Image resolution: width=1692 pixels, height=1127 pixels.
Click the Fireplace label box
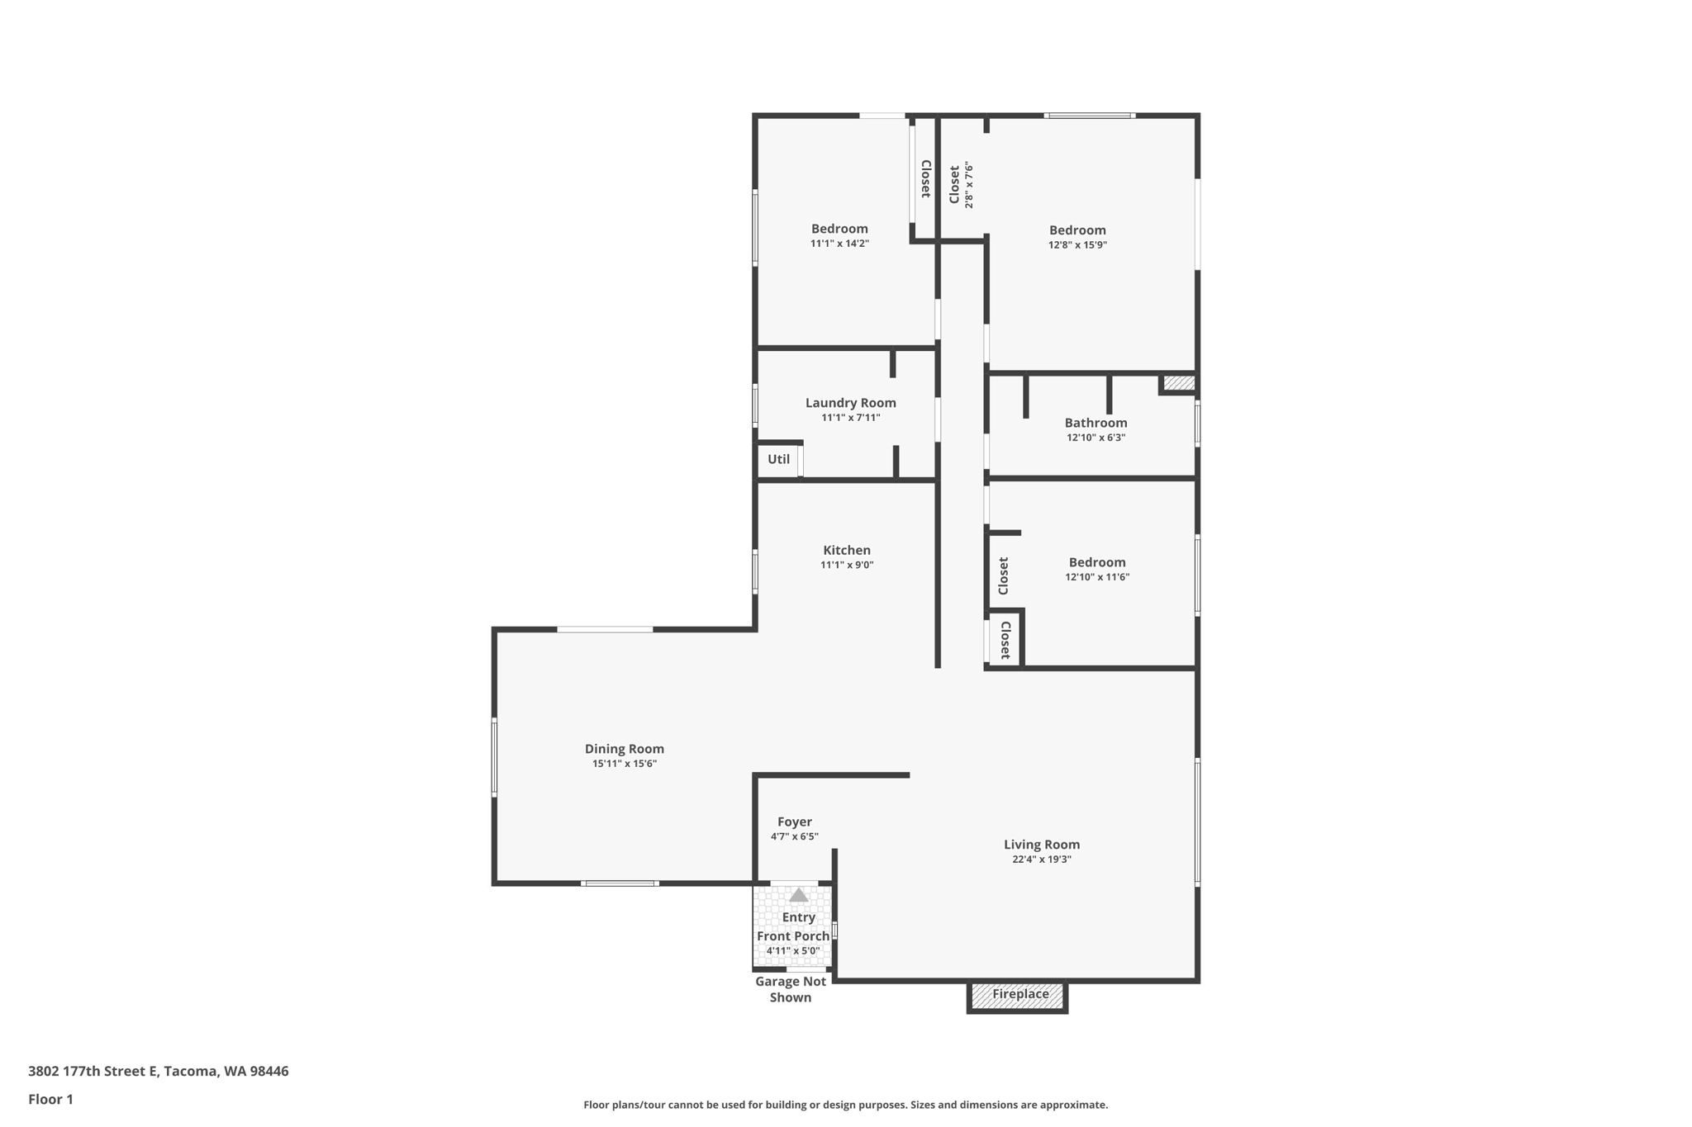click(1019, 994)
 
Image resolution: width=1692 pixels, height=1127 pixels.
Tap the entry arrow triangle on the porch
click(798, 895)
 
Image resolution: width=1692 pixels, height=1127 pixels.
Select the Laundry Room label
click(850, 403)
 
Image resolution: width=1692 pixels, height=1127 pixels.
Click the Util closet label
click(778, 460)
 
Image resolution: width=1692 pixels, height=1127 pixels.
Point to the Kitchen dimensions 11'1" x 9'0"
click(846, 566)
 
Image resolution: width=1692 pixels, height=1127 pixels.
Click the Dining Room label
click(624, 749)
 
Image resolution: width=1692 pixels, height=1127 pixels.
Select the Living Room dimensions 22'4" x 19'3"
click(1041, 859)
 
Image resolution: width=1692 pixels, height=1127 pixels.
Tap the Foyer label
click(794, 822)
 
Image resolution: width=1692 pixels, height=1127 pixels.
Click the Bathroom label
click(1096, 423)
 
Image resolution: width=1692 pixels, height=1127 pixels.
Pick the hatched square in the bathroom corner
click(1178, 383)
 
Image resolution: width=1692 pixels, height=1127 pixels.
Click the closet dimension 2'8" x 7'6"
click(969, 185)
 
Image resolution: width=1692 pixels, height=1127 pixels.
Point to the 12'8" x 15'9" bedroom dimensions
click(1077, 245)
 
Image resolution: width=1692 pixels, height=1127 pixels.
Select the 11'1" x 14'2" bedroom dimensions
click(839, 244)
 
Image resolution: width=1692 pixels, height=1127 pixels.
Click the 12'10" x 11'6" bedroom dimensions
click(1096, 577)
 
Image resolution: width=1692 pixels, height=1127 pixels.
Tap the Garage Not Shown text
click(791, 989)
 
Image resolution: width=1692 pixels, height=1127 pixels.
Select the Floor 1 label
click(50, 1099)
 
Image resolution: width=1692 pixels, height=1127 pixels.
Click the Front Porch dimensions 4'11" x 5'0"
click(792, 951)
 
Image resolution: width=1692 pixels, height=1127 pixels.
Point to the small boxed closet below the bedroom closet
click(1005, 640)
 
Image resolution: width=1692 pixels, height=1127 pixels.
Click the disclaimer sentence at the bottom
click(845, 1105)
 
